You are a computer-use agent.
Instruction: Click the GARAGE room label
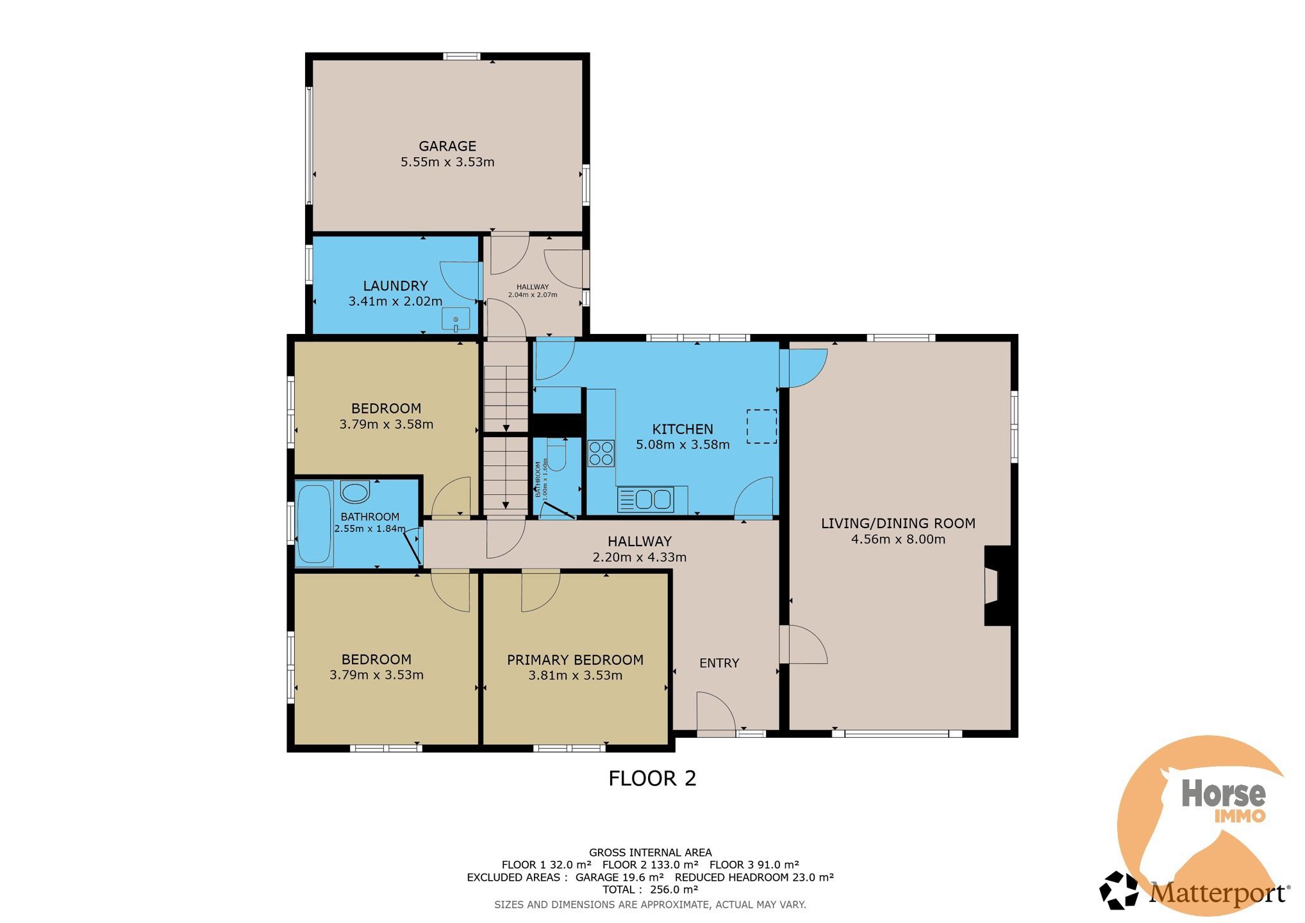447,146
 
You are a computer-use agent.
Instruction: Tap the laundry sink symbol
456,319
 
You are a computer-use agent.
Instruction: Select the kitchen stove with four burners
601,453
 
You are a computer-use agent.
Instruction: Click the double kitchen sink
645,499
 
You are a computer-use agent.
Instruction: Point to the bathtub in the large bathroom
314,524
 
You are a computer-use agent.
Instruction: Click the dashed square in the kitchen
761,426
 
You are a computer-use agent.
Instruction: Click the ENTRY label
719,663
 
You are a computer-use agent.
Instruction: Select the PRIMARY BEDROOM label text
575,660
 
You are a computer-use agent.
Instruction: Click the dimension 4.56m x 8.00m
898,539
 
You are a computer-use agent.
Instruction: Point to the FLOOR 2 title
652,778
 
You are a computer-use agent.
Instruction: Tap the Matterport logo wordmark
1218,893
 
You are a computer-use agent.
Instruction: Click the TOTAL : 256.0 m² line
650,890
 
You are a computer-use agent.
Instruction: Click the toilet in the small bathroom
557,456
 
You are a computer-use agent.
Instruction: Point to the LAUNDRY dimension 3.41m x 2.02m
395,301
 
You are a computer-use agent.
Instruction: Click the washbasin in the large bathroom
354,492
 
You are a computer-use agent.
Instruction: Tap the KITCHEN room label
683,429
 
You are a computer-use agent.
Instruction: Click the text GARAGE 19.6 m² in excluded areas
619,877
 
